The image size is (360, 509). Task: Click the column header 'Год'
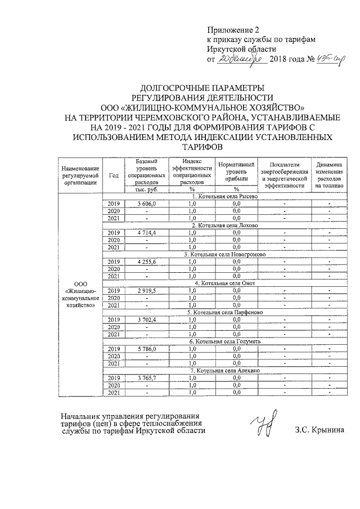(x=114, y=175)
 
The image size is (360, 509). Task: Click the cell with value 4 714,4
(x=146, y=232)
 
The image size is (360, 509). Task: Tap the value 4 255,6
(x=146, y=261)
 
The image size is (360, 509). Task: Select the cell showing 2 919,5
(x=146, y=290)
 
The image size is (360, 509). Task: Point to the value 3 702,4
(x=146, y=319)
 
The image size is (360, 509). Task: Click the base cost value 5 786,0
(x=146, y=349)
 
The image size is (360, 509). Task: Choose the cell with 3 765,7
(x=146, y=378)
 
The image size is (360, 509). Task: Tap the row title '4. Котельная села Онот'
(x=224, y=283)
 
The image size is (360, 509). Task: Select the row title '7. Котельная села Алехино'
(x=224, y=371)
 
